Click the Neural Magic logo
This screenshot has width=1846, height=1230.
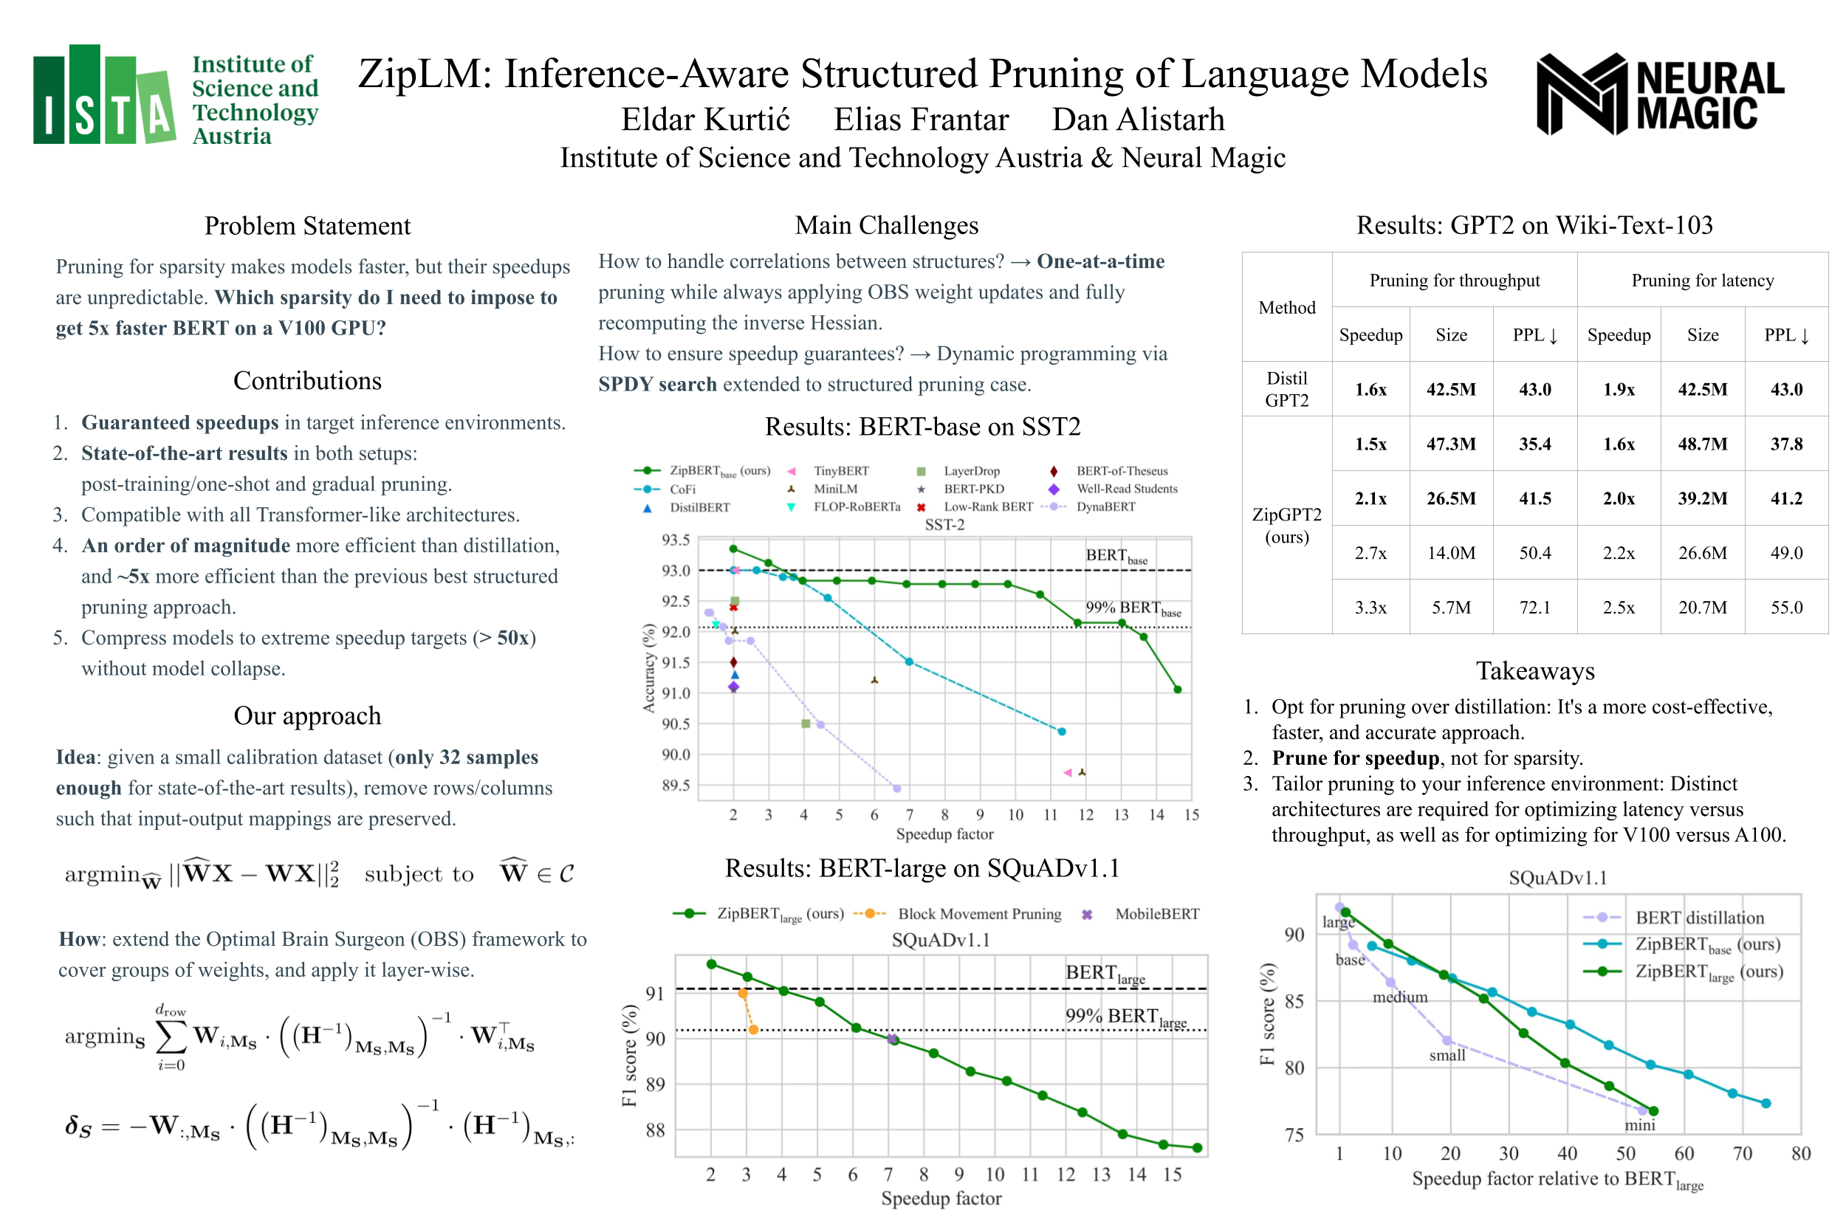pos(1658,95)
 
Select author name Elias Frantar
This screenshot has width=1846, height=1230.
pos(920,120)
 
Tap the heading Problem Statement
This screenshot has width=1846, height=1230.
pos(306,226)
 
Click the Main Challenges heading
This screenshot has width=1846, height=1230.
pos(886,225)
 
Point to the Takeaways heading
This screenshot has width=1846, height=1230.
pos(1534,670)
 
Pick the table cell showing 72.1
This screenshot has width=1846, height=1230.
pos(1534,607)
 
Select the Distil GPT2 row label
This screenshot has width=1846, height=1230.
pos(1286,389)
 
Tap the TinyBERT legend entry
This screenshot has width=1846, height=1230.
pos(840,471)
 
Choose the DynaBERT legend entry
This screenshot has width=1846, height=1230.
pos(1105,506)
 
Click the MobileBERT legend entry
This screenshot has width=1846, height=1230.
pos(1156,914)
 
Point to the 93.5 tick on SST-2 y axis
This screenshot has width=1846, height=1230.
pos(676,540)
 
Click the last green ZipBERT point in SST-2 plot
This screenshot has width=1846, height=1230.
pos(1177,690)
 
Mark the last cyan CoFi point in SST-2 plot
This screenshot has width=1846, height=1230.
pos(1060,731)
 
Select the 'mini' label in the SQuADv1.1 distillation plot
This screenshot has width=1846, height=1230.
pos(1639,1125)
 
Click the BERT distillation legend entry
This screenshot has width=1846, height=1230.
pos(1698,918)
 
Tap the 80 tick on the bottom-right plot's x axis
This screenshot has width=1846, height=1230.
pos(1799,1153)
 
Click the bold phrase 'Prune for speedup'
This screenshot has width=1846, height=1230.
pos(1354,757)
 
